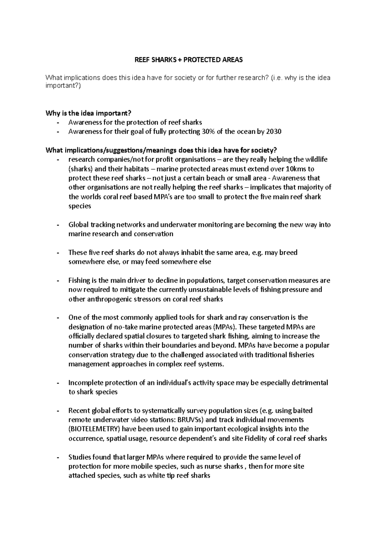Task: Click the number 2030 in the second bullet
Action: (273, 132)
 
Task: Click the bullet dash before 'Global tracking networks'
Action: (58, 225)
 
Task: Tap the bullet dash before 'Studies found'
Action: (58, 457)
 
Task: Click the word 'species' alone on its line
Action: (80, 206)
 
